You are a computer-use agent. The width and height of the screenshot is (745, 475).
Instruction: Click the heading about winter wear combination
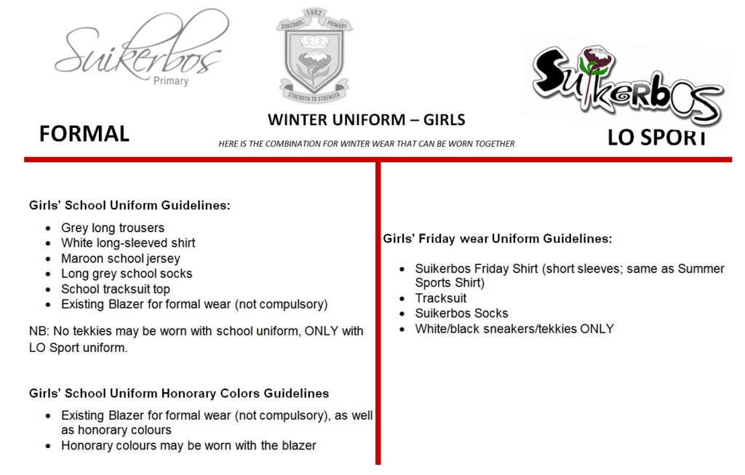click(365, 144)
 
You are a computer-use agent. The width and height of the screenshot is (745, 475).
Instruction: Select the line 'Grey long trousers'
click(113, 228)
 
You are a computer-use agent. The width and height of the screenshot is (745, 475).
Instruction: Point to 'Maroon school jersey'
click(121, 258)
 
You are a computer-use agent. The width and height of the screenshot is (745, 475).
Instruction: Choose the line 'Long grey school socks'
click(128, 274)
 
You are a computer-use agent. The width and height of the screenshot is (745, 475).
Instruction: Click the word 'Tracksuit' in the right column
click(442, 298)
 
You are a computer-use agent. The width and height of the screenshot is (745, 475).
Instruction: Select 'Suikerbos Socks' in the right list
click(462, 314)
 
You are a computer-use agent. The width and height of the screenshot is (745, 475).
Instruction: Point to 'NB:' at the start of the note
click(39, 331)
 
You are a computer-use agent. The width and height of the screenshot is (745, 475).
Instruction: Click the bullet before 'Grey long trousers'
click(47, 228)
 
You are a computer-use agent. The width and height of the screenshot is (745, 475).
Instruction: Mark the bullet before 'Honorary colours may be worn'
click(47, 445)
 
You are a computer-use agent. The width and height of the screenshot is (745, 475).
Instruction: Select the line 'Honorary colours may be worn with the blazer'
click(189, 445)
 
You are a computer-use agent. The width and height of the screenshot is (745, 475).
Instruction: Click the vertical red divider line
click(378, 313)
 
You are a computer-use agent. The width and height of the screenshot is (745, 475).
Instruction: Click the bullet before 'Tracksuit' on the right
click(401, 298)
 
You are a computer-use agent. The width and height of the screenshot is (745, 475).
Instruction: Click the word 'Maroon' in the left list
click(82, 258)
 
